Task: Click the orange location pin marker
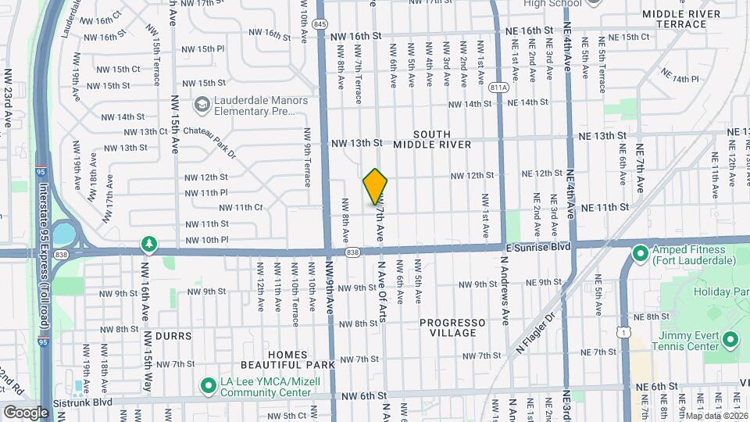coord(376,186)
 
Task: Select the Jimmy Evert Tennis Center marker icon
coord(730,339)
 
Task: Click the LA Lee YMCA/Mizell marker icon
coord(209,385)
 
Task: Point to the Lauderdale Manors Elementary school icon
coord(202,105)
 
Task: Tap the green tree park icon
coord(148,245)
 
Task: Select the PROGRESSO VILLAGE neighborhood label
coord(452,327)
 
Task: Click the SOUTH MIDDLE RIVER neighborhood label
coord(432,139)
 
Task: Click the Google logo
coord(26,412)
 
